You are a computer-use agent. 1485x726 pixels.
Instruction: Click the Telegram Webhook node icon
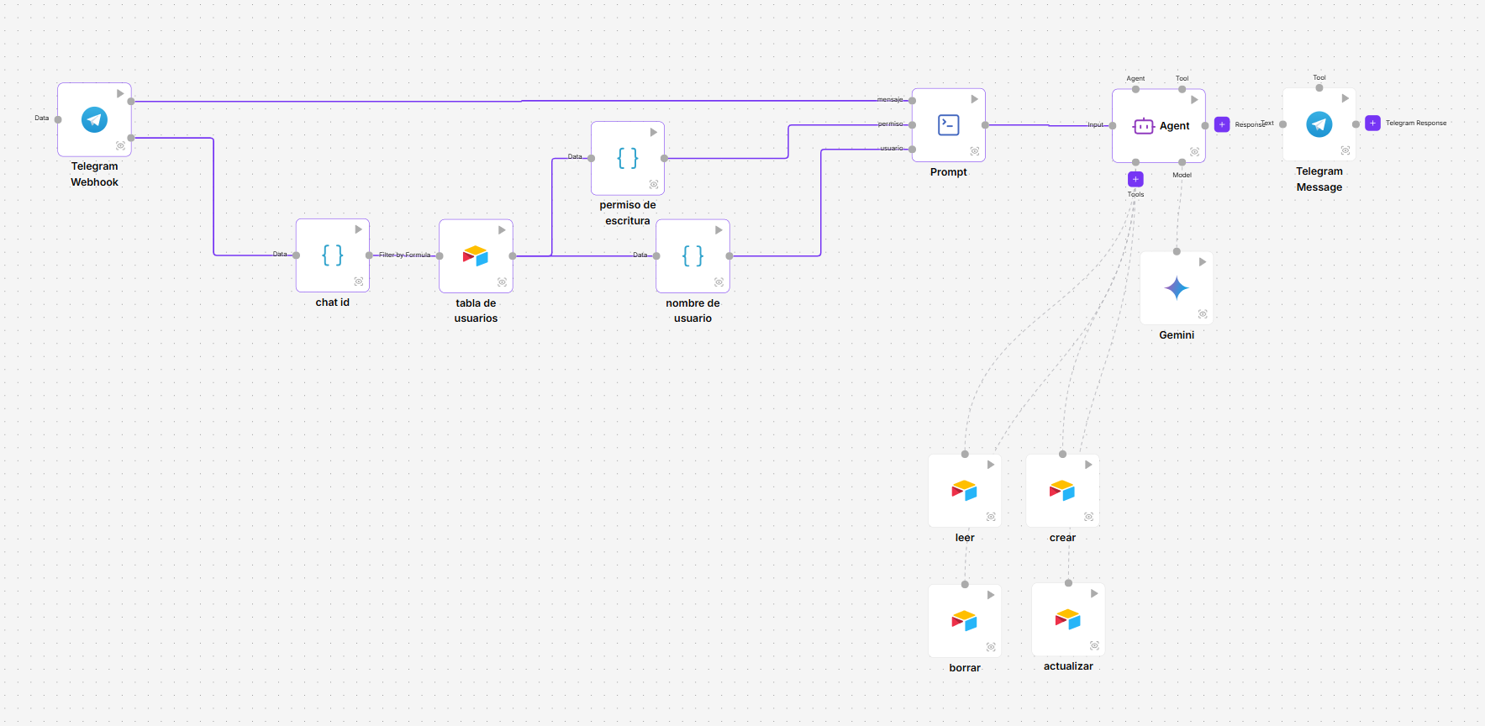point(94,119)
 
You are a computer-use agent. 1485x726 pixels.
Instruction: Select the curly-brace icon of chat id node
point(333,255)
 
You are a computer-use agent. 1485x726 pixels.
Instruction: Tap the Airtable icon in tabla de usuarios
point(476,255)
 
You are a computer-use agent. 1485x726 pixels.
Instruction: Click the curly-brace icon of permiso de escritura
point(628,158)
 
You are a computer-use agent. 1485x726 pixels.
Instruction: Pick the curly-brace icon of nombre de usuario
point(692,255)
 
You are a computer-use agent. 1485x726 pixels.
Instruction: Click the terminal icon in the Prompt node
point(949,125)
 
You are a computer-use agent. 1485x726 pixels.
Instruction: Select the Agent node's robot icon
point(1144,126)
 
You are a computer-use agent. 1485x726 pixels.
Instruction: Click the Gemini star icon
point(1177,288)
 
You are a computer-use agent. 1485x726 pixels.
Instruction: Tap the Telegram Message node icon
point(1319,124)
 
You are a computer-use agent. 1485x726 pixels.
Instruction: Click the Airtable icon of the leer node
point(965,490)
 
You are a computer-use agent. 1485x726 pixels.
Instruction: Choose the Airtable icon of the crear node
point(1062,490)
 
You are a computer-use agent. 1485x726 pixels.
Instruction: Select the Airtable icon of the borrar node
point(965,620)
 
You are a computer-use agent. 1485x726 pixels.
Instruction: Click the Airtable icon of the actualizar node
point(1068,619)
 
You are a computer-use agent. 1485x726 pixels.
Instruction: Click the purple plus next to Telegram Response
point(1372,123)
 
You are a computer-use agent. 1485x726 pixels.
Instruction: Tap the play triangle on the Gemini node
point(1203,262)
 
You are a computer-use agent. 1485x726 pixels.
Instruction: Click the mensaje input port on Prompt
point(913,101)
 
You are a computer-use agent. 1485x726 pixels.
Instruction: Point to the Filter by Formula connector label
point(404,255)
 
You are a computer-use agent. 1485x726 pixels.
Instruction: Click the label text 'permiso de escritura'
point(628,213)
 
